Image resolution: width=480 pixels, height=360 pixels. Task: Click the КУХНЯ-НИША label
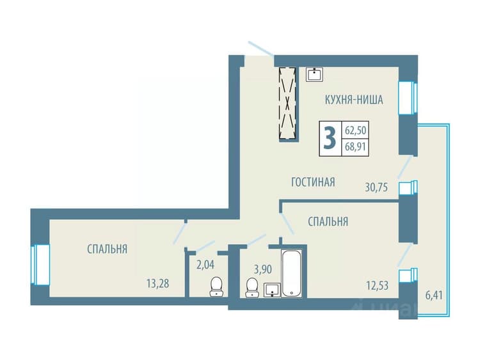click(x=354, y=100)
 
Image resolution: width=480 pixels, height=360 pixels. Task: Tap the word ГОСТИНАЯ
click(x=313, y=182)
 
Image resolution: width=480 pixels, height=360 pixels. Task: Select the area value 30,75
click(x=376, y=187)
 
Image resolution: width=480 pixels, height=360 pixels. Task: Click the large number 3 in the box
click(x=330, y=139)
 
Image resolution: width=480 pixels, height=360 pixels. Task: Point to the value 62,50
click(x=355, y=130)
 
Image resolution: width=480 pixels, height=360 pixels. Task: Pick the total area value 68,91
click(x=355, y=147)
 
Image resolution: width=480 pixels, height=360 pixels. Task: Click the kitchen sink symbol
click(x=314, y=74)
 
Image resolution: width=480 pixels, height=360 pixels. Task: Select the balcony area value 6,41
click(x=434, y=295)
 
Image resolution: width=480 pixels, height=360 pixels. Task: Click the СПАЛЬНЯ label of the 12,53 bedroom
click(x=328, y=221)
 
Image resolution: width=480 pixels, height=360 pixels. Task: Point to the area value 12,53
click(x=378, y=286)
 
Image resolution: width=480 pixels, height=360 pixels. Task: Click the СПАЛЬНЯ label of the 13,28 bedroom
click(x=107, y=249)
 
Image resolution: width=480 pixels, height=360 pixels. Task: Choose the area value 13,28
click(x=157, y=283)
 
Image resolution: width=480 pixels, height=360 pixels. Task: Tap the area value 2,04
click(x=205, y=265)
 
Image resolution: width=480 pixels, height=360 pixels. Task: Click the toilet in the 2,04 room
click(x=216, y=286)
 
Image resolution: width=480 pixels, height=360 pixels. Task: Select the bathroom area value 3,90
click(x=263, y=270)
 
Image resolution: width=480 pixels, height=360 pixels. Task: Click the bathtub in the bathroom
click(x=292, y=273)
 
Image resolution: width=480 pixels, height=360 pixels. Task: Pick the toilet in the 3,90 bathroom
click(x=252, y=288)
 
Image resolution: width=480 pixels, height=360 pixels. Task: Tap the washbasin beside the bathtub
click(x=272, y=290)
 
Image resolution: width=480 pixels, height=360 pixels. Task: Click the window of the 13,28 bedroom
click(x=40, y=265)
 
